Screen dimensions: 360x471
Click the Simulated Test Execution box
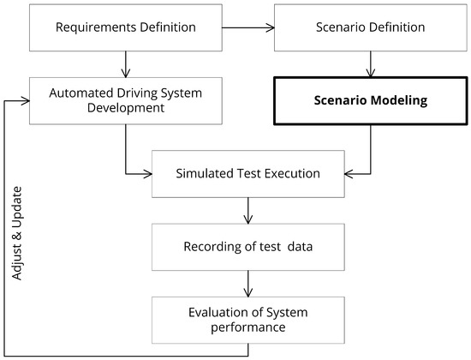[248, 174]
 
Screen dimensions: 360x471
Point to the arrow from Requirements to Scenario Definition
[248, 27]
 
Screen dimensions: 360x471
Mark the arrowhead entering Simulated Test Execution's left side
[147, 174]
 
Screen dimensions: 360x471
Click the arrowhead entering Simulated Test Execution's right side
[349, 174]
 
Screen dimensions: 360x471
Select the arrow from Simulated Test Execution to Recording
[248, 211]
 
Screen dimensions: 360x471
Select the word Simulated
[206, 174]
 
